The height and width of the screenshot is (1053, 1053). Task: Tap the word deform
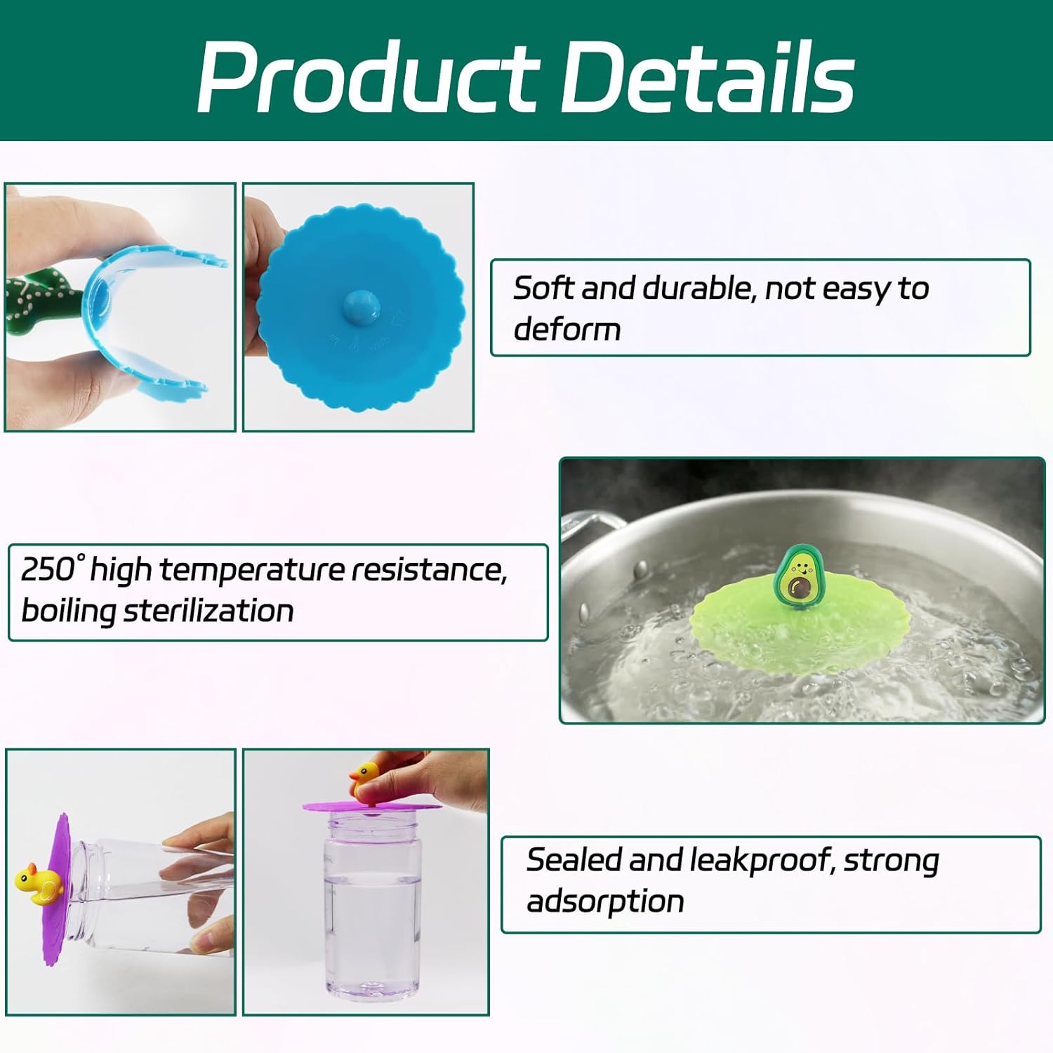[x=567, y=329]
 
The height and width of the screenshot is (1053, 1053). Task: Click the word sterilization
[x=208, y=611]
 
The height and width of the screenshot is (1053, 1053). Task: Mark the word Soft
[x=544, y=288]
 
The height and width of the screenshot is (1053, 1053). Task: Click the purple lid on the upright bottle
[x=372, y=806]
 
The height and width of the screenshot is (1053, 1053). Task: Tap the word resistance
[x=429, y=570]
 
